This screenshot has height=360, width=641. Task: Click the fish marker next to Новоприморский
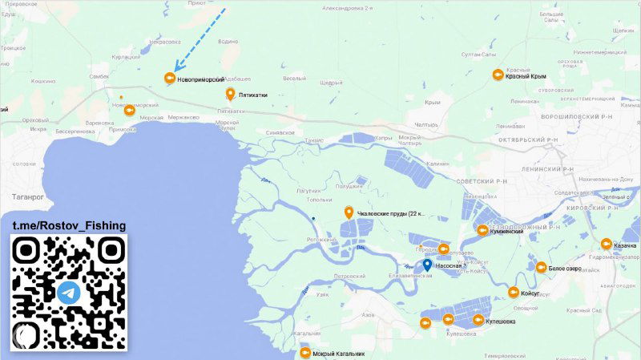169,78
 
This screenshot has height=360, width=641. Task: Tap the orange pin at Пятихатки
231,94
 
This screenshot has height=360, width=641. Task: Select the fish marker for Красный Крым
498,75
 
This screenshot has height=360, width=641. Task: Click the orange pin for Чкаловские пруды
349,212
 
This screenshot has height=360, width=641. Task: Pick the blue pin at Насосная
428,265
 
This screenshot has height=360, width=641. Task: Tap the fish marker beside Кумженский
482,231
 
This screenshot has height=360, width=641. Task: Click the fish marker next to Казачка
606,245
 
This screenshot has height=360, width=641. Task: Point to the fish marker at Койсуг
513,293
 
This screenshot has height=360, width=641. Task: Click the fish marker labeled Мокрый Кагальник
304,353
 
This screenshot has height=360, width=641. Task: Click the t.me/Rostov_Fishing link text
69,226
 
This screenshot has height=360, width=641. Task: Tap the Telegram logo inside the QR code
69,292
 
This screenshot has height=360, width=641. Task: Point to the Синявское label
280,132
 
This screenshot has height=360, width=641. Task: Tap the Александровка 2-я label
348,8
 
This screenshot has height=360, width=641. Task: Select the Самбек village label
99,76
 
